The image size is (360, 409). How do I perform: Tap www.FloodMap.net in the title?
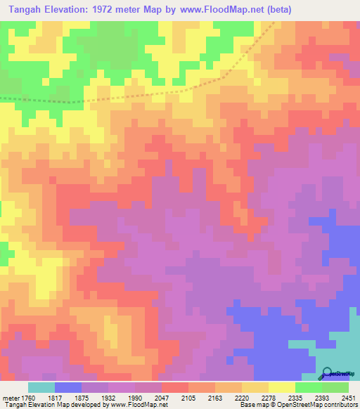tap(217, 10)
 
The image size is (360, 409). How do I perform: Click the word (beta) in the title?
tap(274, 10)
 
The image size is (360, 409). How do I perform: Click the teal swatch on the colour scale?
tap(41, 387)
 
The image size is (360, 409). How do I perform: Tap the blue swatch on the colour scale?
tap(67, 387)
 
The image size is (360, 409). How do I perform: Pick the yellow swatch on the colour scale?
tap(281, 387)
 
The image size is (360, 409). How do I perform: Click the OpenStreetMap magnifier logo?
tap(326, 372)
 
